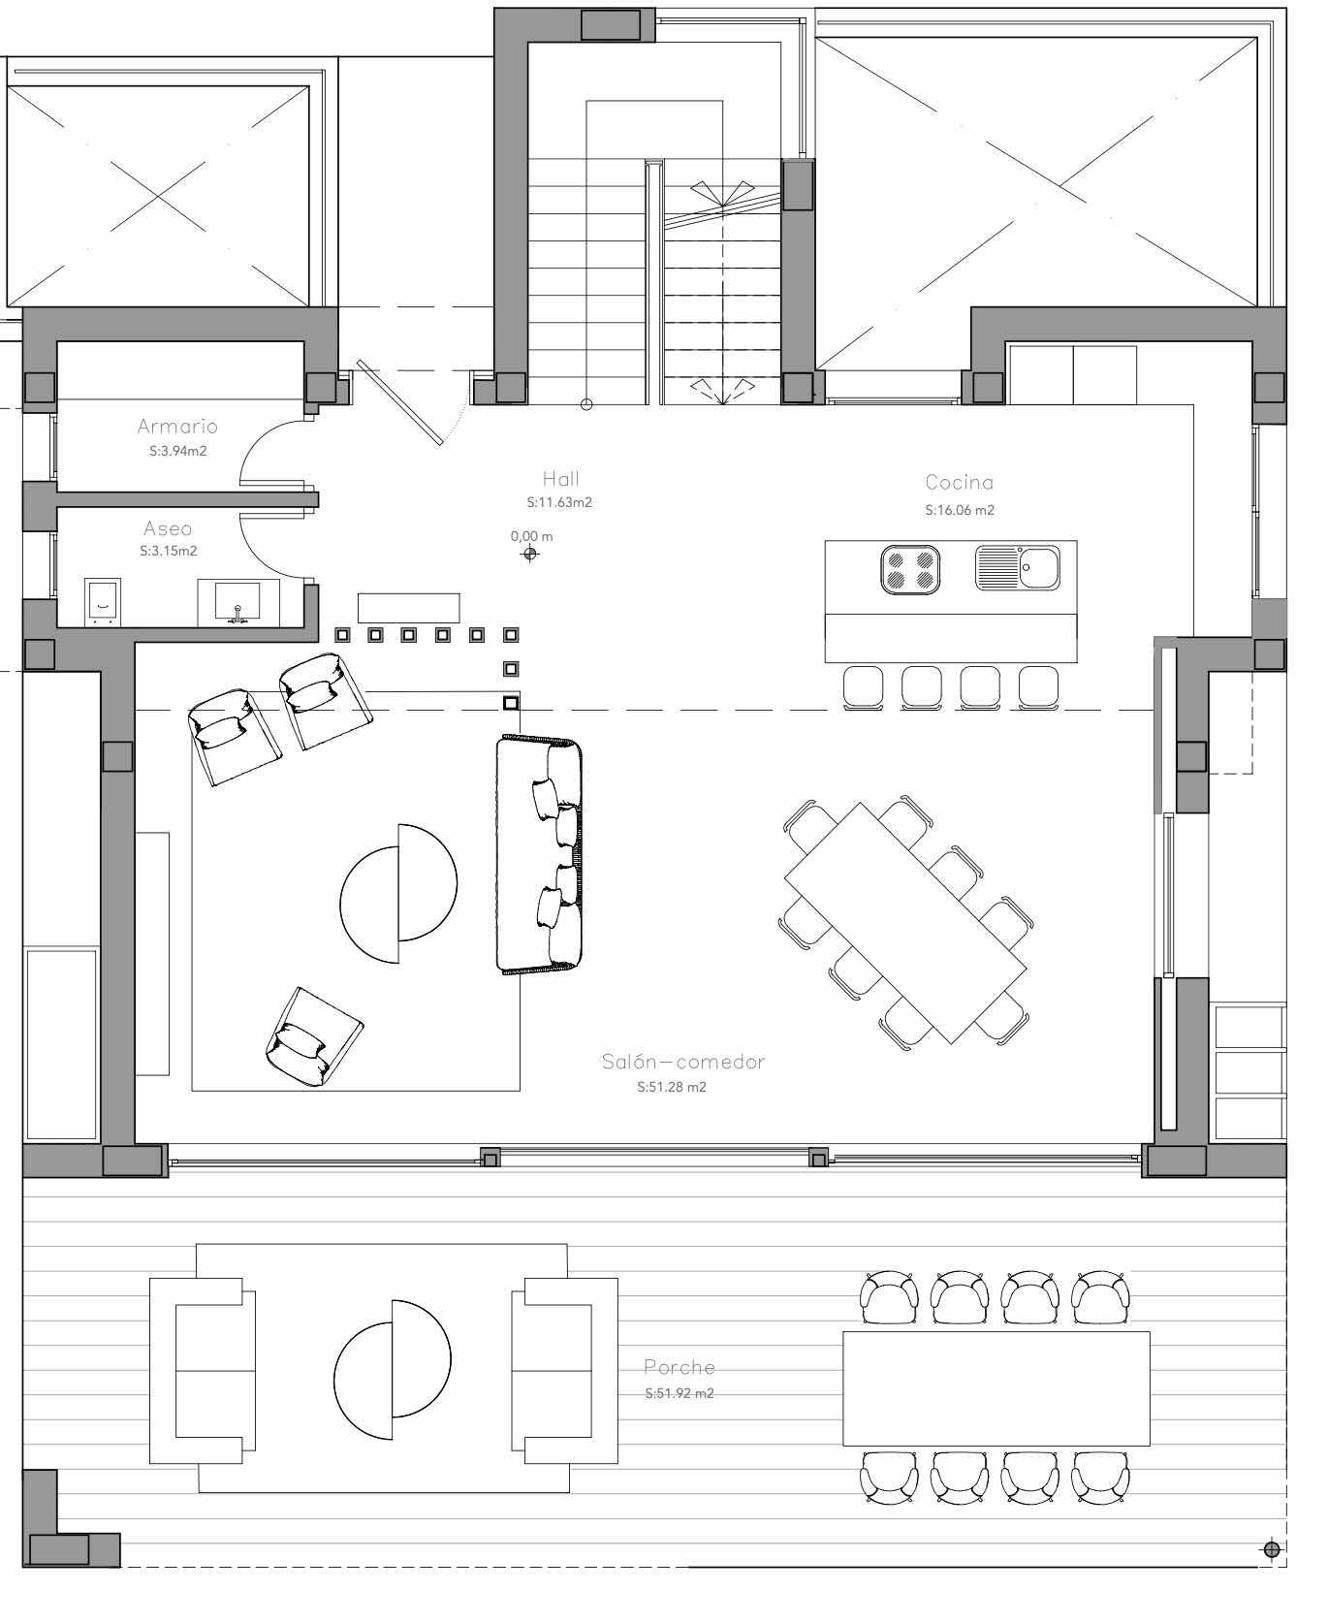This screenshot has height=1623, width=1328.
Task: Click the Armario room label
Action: click(177, 426)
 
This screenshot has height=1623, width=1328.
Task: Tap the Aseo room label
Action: click(168, 528)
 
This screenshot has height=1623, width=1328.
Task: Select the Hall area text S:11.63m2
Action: click(559, 503)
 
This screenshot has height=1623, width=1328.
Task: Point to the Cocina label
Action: click(960, 482)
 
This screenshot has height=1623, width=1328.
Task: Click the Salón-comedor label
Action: click(683, 1062)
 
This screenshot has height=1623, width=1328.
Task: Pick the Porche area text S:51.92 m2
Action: click(680, 1393)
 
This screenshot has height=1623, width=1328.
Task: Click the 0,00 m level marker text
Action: click(532, 536)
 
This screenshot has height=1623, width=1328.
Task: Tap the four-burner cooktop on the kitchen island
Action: click(910, 569)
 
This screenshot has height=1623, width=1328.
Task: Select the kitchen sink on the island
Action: click(1018, 567)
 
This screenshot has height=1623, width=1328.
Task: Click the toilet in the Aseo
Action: click(103, 602)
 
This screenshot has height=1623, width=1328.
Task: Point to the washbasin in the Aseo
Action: click(238, 602)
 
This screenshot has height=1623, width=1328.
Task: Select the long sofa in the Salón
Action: click(540, 854)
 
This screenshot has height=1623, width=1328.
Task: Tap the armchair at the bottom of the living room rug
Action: click(313, 1036)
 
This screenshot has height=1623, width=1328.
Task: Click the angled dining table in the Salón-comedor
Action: click(905, 922)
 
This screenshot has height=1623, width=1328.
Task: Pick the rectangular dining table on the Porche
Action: click(996, 1388)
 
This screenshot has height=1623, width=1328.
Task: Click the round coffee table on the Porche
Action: click(393, 1369)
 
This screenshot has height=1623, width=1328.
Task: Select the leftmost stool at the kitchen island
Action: click(863, 688)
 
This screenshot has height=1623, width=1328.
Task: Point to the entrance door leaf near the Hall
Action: click(399, 402)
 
